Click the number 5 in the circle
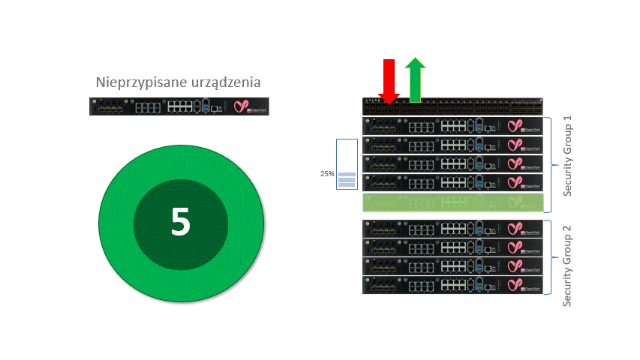[180, 222]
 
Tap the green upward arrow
[415, 79]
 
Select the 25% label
[327, 174]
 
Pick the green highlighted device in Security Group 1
[452, 202]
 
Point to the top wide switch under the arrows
[452, 106]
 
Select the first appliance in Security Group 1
[452, 126]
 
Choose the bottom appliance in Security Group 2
[452, 285]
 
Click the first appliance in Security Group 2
[452, 229]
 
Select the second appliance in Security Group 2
[452, 247]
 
